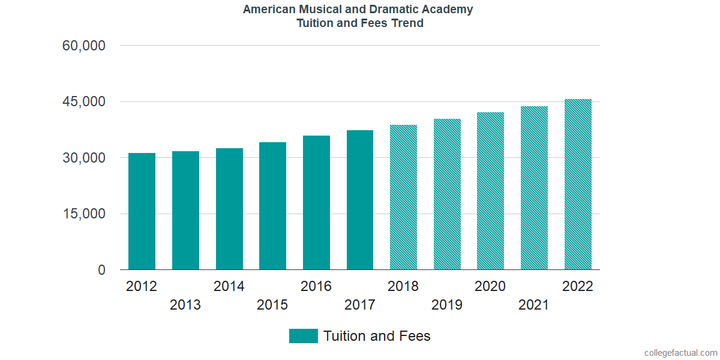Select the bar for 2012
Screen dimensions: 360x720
[x=142, y=211]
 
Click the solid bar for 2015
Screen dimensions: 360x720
[x=272, y=206]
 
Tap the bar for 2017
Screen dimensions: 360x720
[x=360, y=200]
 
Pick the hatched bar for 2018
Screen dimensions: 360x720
[x=403, y=197]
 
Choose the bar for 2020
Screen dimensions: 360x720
[x=490, y=191]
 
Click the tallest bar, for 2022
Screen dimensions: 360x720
[x=578, y=184]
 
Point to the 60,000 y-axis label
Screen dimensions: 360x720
[x=84, y=46]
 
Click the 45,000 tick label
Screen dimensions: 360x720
[x=84, y=102]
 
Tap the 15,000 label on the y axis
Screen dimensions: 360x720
[x=84, y=214]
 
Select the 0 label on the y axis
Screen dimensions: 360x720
[x=101, y=271]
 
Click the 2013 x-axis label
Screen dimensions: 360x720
[x=185, y=305]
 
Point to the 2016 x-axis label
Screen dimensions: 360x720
[x=316, y=286]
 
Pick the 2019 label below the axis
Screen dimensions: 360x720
[x=447, y=305]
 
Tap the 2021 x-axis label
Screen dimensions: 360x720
[x=534, y=305]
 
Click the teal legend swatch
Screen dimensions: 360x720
[x=303, y=336]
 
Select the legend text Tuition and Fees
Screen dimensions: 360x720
[x=377, y=336]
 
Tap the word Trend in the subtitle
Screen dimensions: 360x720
[x=408, y=23]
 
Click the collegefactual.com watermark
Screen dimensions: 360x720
[x=680, y=353]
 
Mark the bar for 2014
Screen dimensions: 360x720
[x=229, y=209]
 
